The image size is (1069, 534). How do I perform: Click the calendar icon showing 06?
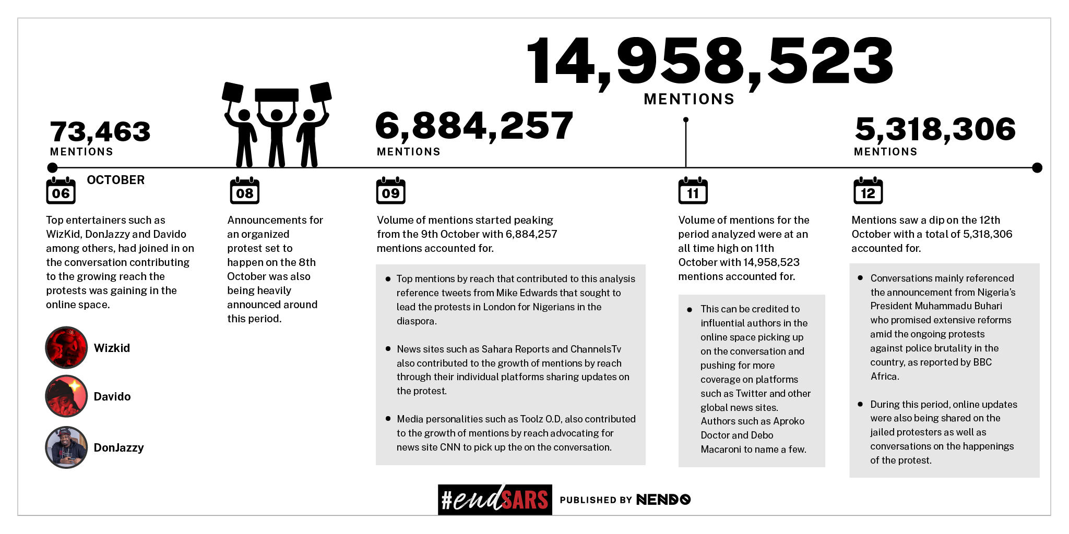click(61, 191)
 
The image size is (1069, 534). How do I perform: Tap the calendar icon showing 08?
click(244, 191)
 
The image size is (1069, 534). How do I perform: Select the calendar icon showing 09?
click(390, 191)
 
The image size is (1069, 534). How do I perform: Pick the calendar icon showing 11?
click(693, 191)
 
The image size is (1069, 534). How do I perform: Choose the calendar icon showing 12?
click(868, 191)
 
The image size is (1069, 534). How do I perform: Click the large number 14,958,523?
click(710, 61)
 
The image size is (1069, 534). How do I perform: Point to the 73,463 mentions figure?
click(100, 131)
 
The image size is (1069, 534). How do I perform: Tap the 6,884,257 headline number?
click(474, 126)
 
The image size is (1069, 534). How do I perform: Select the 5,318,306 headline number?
click(935, 129)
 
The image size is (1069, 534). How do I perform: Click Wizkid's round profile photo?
click(66, 347)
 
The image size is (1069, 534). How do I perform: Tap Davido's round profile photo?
click(66, 396)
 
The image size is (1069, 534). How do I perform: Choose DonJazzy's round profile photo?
click(66, 447)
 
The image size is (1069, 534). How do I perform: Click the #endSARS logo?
click(495, 500)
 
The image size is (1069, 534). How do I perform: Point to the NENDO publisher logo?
click(663, 500)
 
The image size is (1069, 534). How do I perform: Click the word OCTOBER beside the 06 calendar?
click(115, 180)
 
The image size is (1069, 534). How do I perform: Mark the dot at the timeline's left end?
click(52, 168)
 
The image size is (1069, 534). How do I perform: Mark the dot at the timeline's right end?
click(1037, 168)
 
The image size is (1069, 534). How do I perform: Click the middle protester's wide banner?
click(277, 95)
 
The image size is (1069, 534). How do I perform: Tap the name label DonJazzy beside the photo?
click(118, 447)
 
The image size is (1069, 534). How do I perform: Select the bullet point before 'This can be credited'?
click(690, 310)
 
